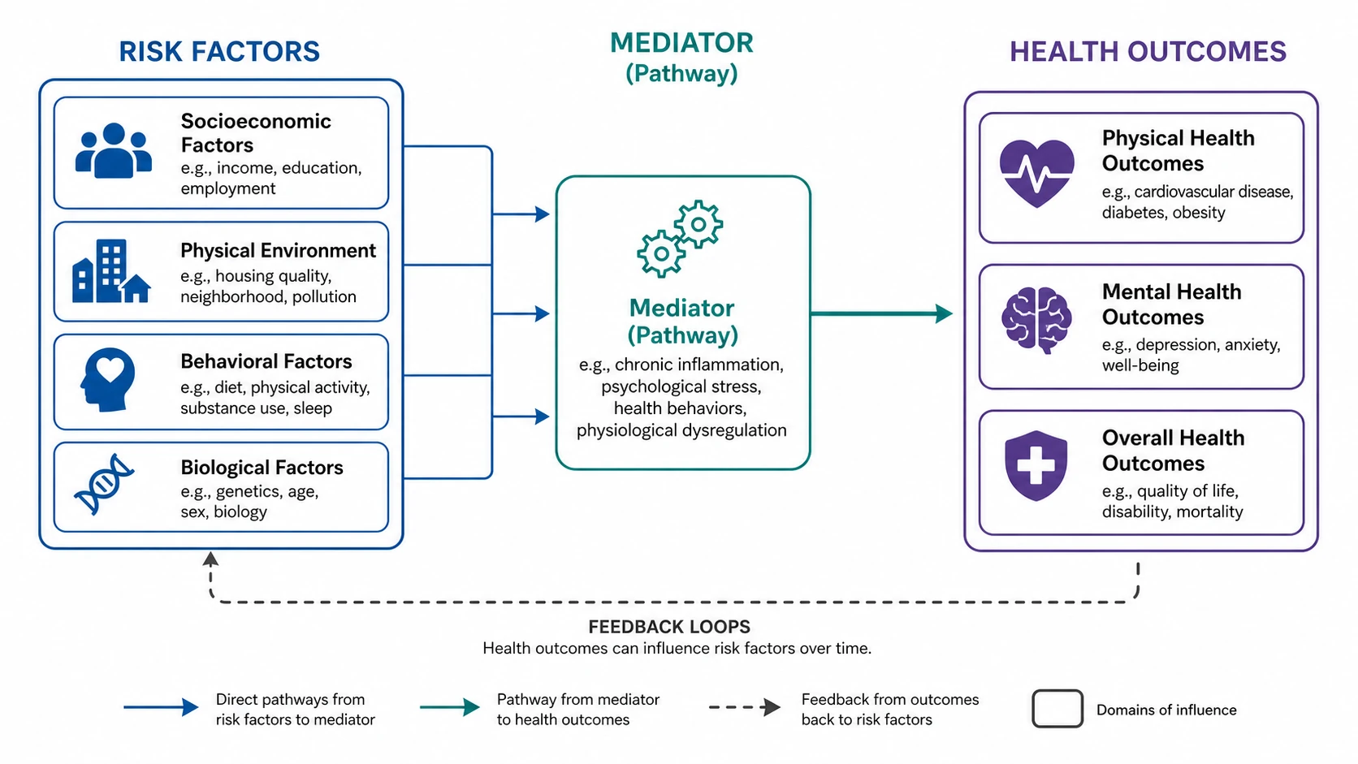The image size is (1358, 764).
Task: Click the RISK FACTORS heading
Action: [x=218, y=51]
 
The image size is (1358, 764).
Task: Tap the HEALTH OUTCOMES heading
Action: [x=1148, y=51]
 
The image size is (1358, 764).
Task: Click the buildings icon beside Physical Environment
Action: [x=111, y=271]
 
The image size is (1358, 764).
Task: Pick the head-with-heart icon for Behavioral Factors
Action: [x=108, y=379]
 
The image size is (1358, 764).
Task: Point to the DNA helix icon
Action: [x=104, y=485]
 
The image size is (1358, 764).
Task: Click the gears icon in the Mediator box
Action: [x=680, y=239]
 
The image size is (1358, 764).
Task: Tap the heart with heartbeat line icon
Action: [x=1036, y=174]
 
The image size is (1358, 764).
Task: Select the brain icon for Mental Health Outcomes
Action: [x=1036, y=320]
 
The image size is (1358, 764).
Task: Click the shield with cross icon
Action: [x=1036, y=465]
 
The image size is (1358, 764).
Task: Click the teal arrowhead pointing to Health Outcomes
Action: [x=944, y=313]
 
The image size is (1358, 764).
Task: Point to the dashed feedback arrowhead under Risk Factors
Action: [x=210, y=559]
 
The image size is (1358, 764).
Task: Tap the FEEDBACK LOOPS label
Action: [x=669, y=627]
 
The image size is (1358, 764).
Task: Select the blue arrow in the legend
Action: [x=162, y=707]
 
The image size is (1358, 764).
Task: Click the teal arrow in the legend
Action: [x=450, y=707]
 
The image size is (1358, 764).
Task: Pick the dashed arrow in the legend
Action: [x=745, y=707]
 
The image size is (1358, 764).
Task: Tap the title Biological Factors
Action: [x=262, y=467]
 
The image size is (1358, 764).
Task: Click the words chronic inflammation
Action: [x=699, y=364]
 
